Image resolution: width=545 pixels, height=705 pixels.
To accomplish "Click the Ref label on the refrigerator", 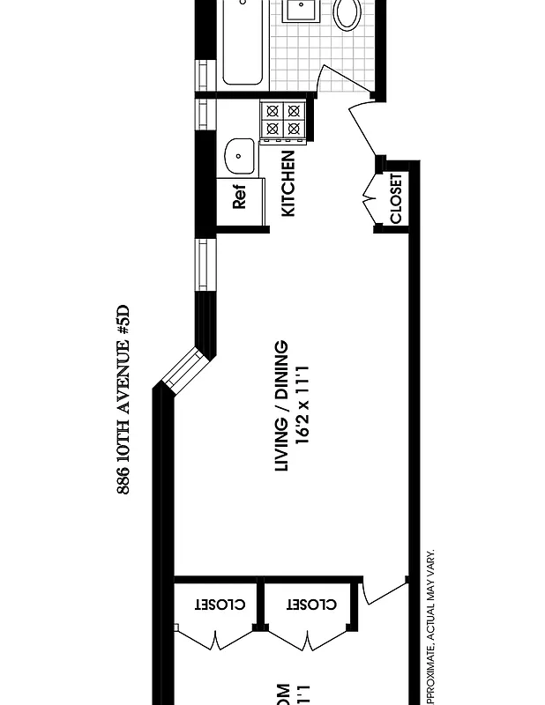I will (x=240, y=197).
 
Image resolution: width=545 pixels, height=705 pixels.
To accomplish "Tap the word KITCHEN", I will (x=287, y=183).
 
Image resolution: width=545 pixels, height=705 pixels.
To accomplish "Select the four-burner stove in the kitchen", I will (x=284, y=122).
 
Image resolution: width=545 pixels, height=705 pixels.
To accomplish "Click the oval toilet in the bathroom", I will (x=347, y=15).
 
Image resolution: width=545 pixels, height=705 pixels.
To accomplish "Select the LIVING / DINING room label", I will (x=282, y=406).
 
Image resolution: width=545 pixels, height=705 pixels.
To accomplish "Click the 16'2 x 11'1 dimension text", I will (x=304, y=406).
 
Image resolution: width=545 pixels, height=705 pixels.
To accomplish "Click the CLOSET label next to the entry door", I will (x=396, y=198).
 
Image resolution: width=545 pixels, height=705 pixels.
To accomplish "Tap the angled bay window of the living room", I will (x=183, y=371).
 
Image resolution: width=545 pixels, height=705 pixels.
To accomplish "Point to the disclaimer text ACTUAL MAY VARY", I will (x=431, y=599).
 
